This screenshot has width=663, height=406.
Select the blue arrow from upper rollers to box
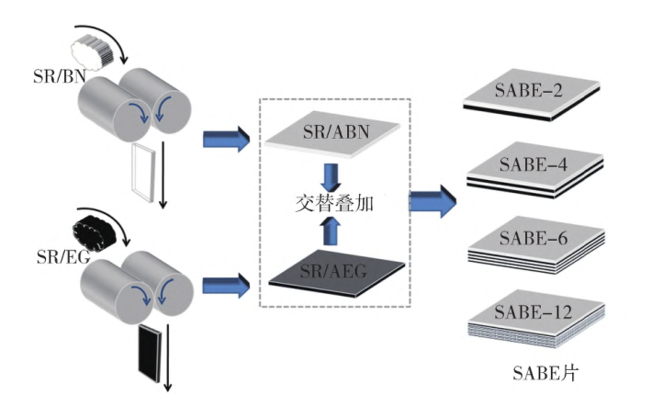click(224, 141)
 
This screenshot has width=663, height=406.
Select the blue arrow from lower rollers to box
click(224, 280)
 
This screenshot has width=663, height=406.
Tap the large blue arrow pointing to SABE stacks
click(432, 199)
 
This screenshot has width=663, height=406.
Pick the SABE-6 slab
click(531, 242)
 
